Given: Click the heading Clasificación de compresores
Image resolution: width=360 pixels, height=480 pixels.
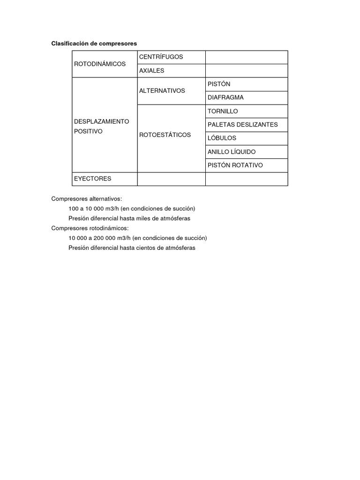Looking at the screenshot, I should tap(94, 43).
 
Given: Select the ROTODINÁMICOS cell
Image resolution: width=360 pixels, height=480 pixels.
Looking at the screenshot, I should tap(100, 64).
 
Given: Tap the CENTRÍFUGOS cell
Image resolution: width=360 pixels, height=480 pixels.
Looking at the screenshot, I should tap(161, 57).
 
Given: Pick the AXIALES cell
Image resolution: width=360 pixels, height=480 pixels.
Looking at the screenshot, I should tap(151, 70).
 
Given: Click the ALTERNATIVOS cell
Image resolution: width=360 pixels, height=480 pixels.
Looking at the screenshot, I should tap(162, 90).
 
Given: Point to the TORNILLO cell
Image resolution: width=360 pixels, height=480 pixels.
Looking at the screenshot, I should tap(223, 111).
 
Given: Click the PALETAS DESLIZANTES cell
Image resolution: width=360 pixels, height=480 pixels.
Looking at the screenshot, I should tap(242, 125).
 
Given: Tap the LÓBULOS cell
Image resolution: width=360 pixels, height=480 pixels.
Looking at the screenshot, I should tap(222, 138).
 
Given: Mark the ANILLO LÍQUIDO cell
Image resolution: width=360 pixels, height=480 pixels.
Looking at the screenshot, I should tap(231, 152).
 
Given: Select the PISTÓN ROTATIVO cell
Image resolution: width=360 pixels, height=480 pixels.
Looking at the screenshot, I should tap(235, 165).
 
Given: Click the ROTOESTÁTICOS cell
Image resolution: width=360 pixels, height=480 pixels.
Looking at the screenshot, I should tap(165, 135).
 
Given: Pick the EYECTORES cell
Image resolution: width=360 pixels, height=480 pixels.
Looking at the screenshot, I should tap(92, 179).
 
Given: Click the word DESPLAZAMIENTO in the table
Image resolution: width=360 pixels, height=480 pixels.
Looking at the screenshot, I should tap(101, 121).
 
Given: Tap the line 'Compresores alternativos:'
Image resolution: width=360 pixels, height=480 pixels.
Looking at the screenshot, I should tap(86, 199).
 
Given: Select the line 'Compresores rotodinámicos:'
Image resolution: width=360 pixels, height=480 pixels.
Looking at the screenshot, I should tap(90, 228).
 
